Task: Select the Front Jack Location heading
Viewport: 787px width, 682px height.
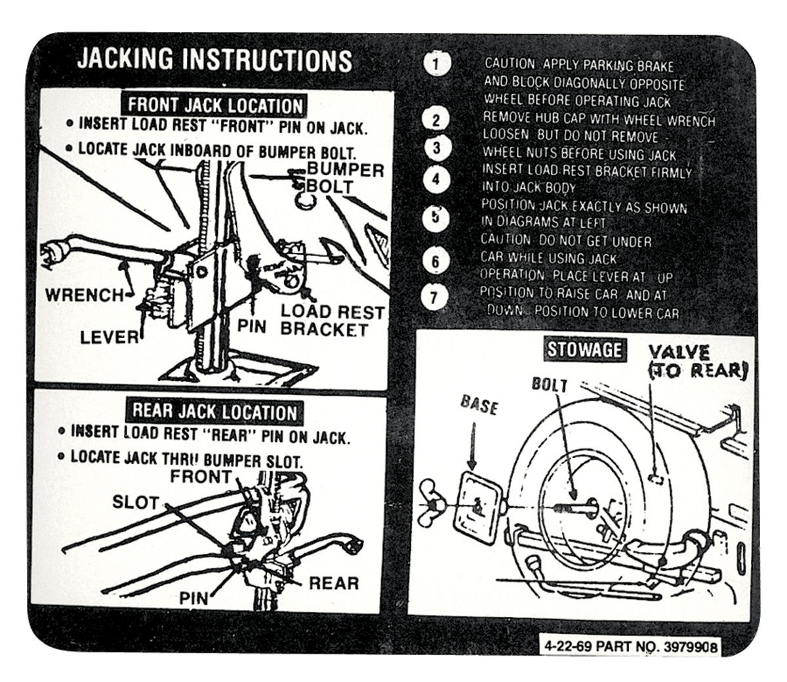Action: [x=214, y=105]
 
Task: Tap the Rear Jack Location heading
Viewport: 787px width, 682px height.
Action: [x=214, y=412]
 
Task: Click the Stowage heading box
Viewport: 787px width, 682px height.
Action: [x=583, y=350]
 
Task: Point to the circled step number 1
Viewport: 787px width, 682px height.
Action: [x=437, y=65]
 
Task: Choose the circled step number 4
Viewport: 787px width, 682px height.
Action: [x=437, y=179]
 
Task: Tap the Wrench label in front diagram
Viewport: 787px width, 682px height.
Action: [x=84, y=295]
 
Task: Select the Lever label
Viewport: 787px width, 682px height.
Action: [x=110, y=337]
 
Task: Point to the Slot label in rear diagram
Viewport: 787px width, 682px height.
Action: [x=136, y=503]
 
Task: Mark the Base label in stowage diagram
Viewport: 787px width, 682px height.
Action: [x=479, y=405]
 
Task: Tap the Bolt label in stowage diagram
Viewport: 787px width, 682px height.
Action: [x=549, y=385]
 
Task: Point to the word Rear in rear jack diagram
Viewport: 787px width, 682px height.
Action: [x=333, y=583]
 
